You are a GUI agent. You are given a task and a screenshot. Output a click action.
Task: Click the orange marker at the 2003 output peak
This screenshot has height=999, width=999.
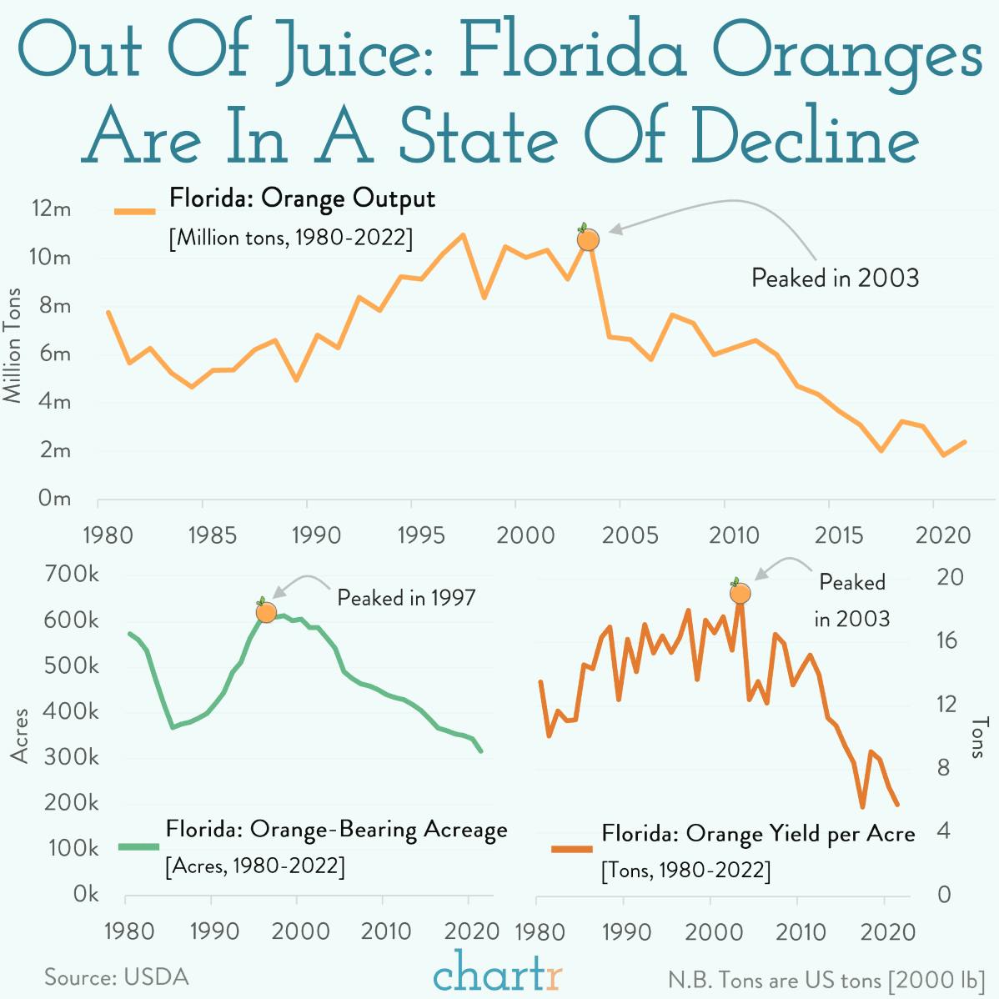pos(588,239)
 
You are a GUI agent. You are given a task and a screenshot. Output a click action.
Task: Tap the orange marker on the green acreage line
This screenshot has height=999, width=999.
pos(266,612)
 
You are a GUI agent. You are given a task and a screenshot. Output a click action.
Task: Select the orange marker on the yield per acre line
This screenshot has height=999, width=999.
pos(740,593)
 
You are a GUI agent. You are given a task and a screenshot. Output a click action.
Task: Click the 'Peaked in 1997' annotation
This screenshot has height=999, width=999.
pos(406,598)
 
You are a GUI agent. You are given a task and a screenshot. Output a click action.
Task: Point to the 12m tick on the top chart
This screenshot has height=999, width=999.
pos(51,208)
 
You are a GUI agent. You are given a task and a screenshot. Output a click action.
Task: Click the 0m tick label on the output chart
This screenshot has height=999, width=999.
pos(54,498)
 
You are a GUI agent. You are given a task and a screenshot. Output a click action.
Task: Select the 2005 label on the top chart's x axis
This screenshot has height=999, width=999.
pos(630,535)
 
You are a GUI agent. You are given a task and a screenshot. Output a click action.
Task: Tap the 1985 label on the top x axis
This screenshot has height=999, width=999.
pos(212,535)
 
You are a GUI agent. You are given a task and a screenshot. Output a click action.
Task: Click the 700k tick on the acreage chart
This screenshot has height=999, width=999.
pos(73,575)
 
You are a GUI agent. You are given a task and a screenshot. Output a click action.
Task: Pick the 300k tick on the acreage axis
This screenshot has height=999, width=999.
pos(73,757)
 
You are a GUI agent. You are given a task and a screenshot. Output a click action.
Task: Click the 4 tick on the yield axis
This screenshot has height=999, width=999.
pos(944,831)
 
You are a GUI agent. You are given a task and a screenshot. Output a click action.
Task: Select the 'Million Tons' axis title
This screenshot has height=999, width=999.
pos(13,346)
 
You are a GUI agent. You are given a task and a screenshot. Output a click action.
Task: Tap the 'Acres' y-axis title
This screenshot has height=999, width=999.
pos(19,735)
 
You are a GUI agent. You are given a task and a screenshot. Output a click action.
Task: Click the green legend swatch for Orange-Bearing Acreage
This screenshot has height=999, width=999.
pos(138,846)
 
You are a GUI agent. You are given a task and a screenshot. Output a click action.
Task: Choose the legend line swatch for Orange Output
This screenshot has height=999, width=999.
pos(135,212)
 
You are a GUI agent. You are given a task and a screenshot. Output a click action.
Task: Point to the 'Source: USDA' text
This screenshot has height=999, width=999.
pos(117,976)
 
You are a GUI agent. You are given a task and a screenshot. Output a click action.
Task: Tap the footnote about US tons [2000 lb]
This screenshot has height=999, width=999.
pos(826,979)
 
